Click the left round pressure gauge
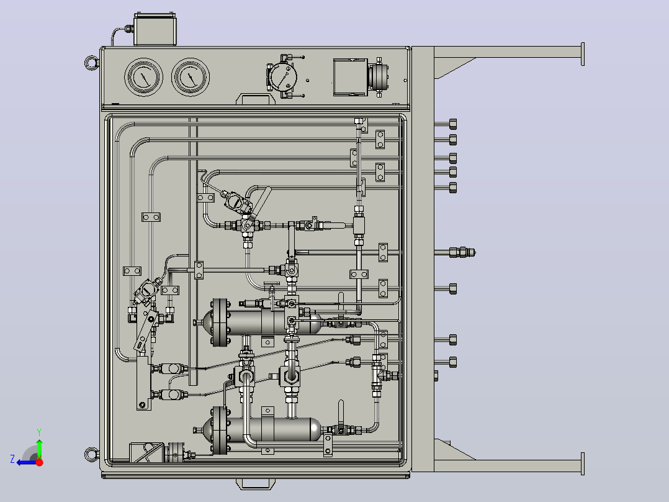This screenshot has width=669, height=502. click(x=144, y=77)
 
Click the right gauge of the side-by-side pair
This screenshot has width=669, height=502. click(x=191, y=77)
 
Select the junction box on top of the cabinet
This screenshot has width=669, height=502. click(x=155, y=29)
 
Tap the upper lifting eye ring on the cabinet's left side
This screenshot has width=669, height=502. click(x=91, y=63)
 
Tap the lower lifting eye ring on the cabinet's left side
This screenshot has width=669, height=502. click(x=91, y=454)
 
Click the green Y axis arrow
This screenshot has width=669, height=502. click(x=39, y=448)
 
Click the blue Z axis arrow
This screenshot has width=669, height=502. click(x=27, y=462)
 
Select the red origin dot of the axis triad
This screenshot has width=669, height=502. click(x=39, y=462)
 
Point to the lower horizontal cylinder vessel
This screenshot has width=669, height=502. click(x=263, y=430)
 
